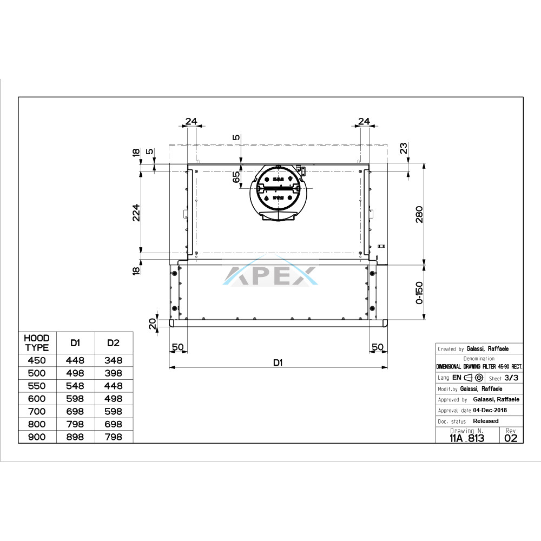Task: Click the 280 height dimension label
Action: click(419, 214)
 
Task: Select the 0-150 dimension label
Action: click(419, 293)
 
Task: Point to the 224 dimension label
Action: click(137, 213)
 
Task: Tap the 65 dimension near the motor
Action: click(236, 177)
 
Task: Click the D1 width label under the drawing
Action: click(278, 362)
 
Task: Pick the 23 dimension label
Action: click(404, 148)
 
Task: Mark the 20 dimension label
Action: click(153, 324)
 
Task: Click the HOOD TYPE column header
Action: click(37, 342)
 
